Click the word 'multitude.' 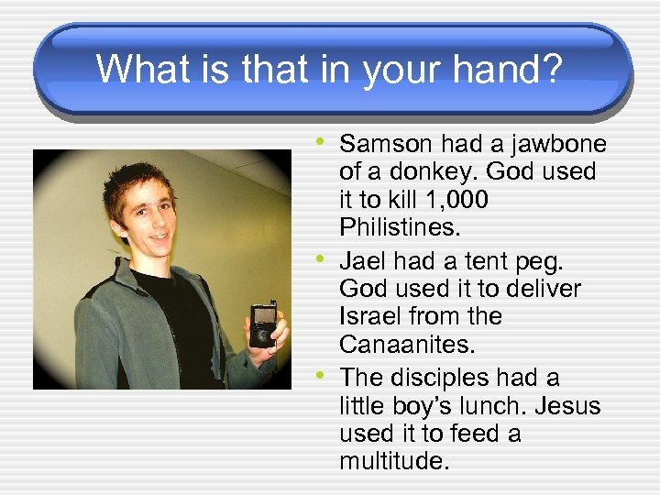point(394,460)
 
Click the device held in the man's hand point(263,325)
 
